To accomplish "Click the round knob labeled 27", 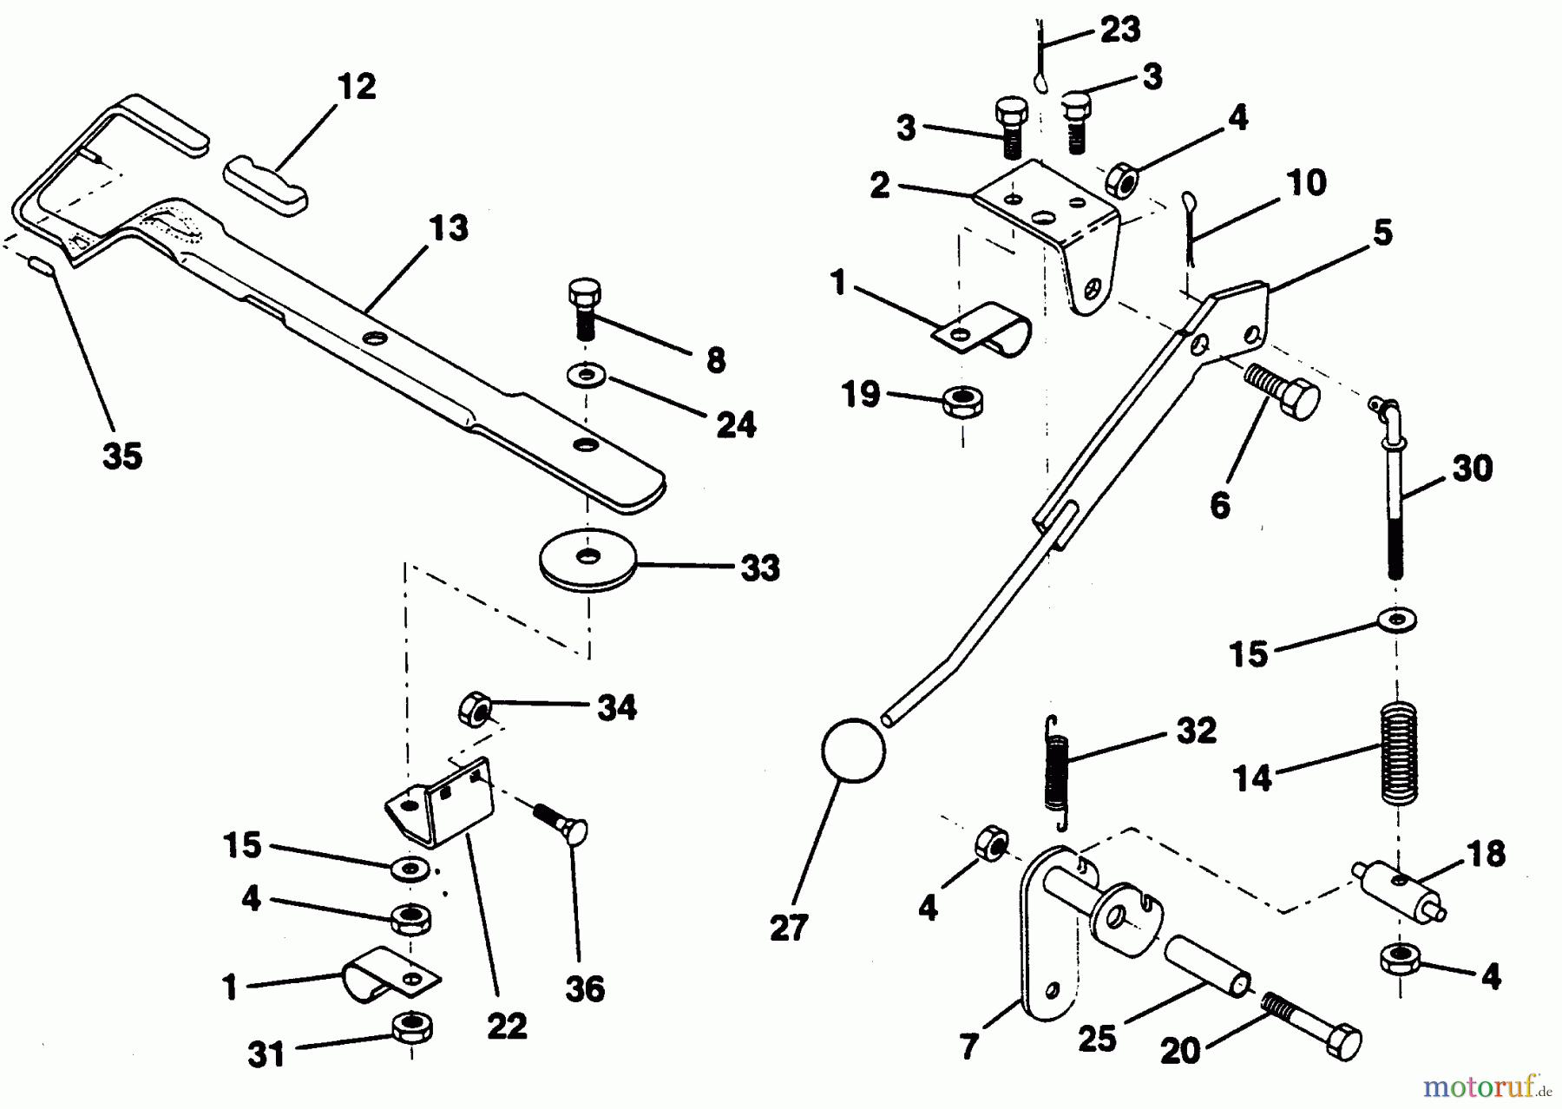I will (x=852, y=751).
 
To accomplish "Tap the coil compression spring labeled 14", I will (x=1398, y=751).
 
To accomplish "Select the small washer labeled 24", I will (x=587, y=377).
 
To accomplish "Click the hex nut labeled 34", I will (x=475, y=708).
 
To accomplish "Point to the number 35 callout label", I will (x=121, y=455).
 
